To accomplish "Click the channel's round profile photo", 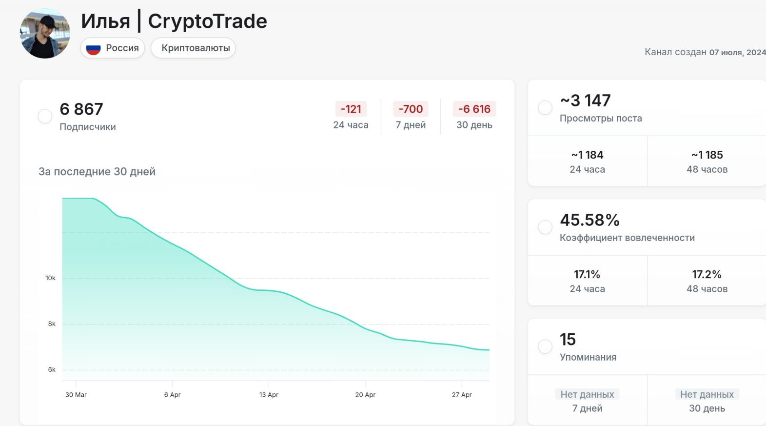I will pyautogui.click(x=45, y=34).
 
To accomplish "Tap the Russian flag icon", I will pyautogui.click(x=93, y=48).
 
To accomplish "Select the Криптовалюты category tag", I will pyautogui.click(x=196, y=48).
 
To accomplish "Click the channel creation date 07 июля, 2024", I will pyautogui.click(x=737, y=52).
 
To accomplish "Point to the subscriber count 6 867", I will pyautogui.click(x=81, y=109).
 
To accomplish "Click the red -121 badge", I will pyautogui.click(x=351, y=109).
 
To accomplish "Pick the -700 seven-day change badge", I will pyautogui.click(x=411, y=109).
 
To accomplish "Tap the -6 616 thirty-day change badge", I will pyautogui.click(x=474, y=109).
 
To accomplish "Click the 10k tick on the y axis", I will pyautogui.click(x=51, y=278).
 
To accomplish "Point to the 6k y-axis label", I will pyautogui.click(x=52, y=370).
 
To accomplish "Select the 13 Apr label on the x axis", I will pyautogui.click(x=269, y=395).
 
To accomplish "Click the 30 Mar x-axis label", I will pyautogui.click(x=76, y=395).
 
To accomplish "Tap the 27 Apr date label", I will pyautogui.click(x=462, y=395).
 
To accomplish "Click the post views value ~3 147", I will pyautogui.click(x=585, y=101).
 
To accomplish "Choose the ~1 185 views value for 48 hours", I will pyautogui.click(x=707, y=155).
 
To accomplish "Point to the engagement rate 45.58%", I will pyautogui.click(x=589, y=220).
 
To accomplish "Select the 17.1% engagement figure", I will pyautogui.click(x=587, y=275).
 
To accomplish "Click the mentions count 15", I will pyautogui.click(x=568, y=340).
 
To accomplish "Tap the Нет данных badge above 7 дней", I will pyautogui.click(x=587, y=394).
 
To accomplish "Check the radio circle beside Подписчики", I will pyautogui.click(x=45, y=116).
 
